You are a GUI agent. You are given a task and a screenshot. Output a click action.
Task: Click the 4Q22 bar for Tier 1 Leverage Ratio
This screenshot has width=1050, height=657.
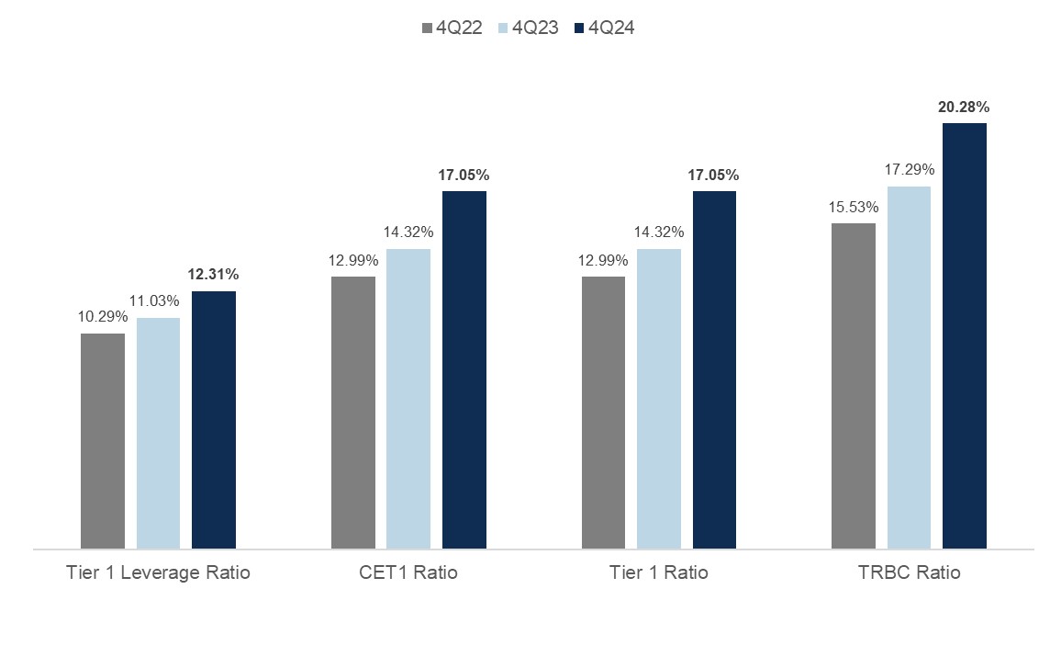[x=103, y=441]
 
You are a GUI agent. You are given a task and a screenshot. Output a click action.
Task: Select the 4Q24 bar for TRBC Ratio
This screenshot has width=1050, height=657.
[x=965, y=336]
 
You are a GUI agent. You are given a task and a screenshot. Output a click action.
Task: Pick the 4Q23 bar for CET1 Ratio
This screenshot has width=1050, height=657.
[x=408, y=399]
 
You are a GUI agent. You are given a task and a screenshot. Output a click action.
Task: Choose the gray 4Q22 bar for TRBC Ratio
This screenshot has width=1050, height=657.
[x=854, y=386]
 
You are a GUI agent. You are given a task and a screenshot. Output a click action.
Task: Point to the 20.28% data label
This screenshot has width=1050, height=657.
[x=964, y=108]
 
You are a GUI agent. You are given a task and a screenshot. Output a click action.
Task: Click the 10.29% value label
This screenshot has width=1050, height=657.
[x=103, y=317]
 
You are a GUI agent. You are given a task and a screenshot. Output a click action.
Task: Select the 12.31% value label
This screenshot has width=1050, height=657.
[x=214, y=275]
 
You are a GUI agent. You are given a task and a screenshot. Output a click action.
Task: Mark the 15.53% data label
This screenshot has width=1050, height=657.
[x=854, y=207]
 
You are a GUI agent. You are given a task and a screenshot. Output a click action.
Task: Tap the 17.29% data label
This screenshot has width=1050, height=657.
[x=909, y=170]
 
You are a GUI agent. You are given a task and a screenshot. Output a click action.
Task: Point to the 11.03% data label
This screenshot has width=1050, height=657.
[x=158, y=301]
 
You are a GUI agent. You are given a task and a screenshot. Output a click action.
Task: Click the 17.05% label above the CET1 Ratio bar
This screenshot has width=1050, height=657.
[x=464, y=175]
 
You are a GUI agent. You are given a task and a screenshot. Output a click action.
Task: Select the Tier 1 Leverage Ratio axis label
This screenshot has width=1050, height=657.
[x=158, y=572]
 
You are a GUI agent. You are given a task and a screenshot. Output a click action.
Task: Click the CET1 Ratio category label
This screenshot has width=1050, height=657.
[x=408, y=572]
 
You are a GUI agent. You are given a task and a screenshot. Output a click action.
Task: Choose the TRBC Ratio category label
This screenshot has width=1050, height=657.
[x=909, y=572]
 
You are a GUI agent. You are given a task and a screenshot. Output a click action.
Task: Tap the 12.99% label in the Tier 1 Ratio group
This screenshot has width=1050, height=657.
[x=603, y=260]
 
